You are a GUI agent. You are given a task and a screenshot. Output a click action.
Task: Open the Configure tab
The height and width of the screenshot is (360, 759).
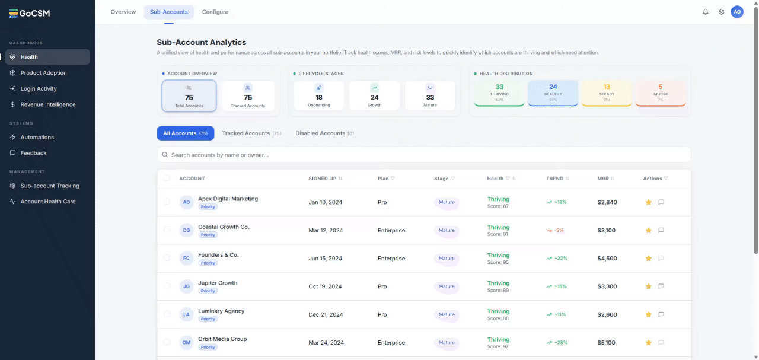coord(215,12)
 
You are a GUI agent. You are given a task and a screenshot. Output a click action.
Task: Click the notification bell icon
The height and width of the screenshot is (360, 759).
coord(706,12)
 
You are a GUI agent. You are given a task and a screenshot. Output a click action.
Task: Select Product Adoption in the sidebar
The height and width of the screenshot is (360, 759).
coord(43,72)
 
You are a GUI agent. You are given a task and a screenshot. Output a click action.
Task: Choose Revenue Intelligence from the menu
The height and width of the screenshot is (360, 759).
coord(48,104)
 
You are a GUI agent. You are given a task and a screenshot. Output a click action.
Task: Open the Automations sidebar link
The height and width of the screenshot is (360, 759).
coord(37,137)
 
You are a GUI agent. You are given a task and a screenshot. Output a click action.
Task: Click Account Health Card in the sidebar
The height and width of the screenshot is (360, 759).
coord(48,202)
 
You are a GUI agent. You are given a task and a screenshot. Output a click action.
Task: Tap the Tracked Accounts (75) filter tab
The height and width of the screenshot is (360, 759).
coord(251,133)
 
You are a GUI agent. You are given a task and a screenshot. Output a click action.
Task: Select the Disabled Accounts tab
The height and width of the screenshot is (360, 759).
coord(324,133)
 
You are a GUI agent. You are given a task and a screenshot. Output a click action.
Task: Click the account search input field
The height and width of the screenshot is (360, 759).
coord(423,155)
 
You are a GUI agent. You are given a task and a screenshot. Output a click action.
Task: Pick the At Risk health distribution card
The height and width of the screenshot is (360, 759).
coord(661,93)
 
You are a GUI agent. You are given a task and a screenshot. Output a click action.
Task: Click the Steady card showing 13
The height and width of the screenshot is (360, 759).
coord(607,93)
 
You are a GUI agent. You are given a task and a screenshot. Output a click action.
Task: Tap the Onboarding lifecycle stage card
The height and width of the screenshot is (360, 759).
coord(319,95)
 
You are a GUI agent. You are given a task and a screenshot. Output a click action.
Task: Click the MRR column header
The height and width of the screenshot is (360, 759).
coord(603,179)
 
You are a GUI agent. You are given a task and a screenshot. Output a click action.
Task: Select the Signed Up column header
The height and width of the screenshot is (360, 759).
coord(322,179)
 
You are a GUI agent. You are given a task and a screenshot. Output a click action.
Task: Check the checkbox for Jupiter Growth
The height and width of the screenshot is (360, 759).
coord(167,286)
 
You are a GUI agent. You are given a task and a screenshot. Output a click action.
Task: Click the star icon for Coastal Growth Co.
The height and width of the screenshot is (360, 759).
coord(649,230)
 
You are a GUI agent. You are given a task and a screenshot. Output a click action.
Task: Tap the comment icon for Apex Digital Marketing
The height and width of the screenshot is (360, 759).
coord(661,202)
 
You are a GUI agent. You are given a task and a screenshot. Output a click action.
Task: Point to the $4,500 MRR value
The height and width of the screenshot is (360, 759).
coord(607,259)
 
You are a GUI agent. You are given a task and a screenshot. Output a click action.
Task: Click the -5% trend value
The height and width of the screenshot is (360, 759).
coord(559,230)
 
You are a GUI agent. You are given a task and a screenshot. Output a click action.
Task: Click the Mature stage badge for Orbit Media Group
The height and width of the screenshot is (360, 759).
coord(447,342)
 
